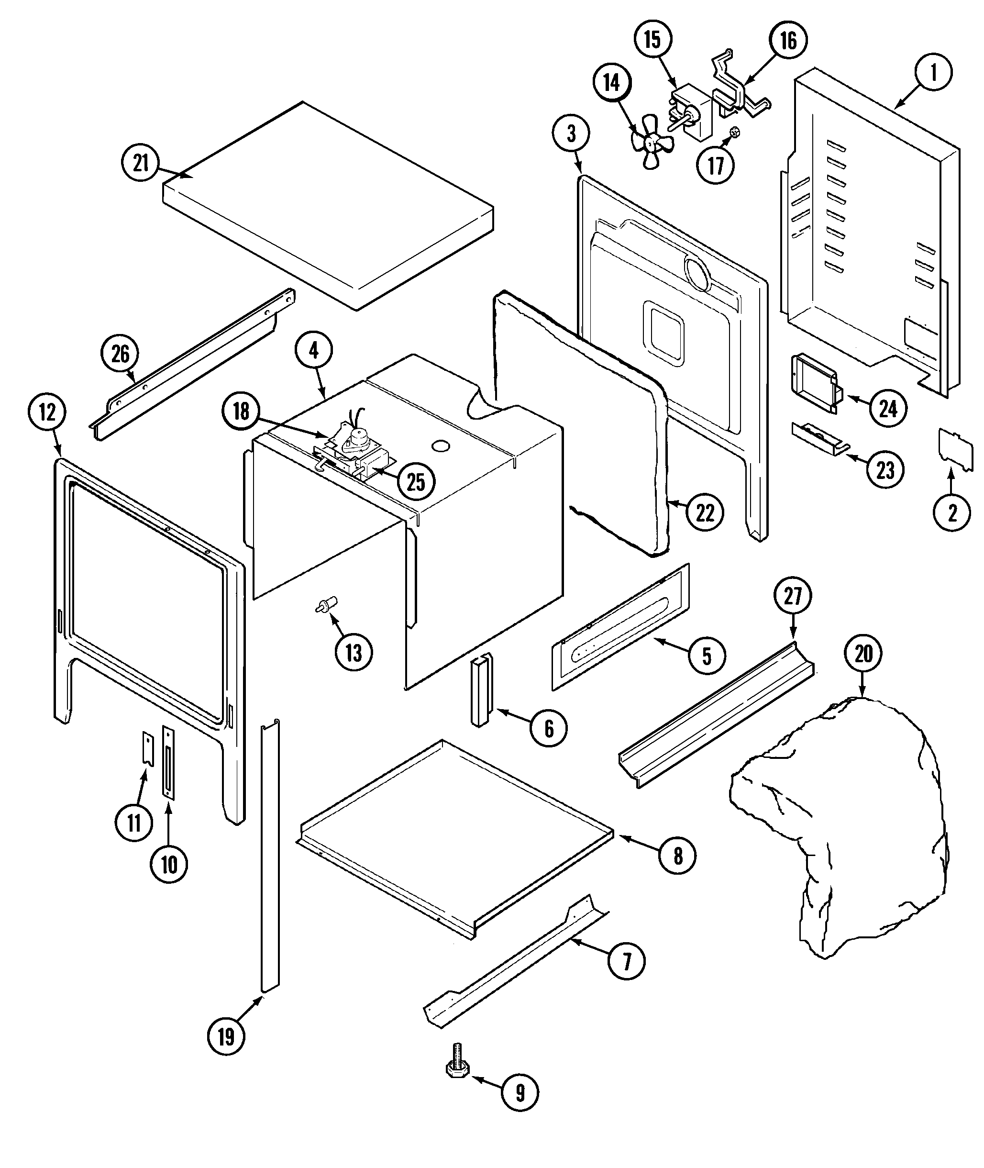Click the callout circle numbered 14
coord(612,83)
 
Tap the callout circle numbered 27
coord(793,596)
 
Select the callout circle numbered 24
coord(887,409)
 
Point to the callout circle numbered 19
coord(226,1037)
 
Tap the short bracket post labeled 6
coord(481,690)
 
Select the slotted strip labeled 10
coord(168,761)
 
